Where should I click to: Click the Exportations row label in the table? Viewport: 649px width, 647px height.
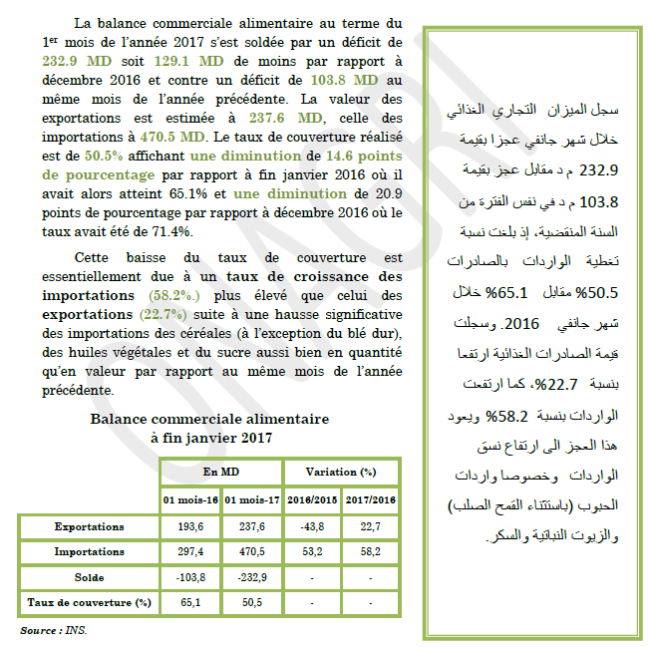[89, 525]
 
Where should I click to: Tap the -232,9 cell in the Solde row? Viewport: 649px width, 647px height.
[251, 577]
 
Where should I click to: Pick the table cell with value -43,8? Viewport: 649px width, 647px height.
[311, 525]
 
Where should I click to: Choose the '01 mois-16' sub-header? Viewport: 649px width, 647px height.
[191, 499]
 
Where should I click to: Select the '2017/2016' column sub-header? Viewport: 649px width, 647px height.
[370, 499]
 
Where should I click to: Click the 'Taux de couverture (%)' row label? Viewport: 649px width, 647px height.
[89, 603]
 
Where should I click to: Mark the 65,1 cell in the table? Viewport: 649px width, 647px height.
[191, 603]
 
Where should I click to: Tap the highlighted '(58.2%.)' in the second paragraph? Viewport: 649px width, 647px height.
[179, 296]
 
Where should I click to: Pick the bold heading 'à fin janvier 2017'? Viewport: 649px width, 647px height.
[209, 437]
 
